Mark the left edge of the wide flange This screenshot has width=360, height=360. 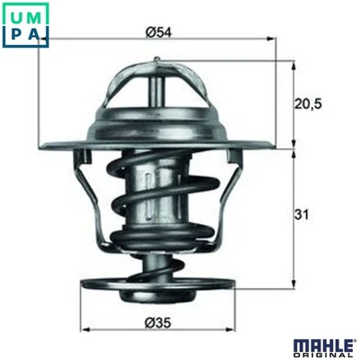click(42, 145)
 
